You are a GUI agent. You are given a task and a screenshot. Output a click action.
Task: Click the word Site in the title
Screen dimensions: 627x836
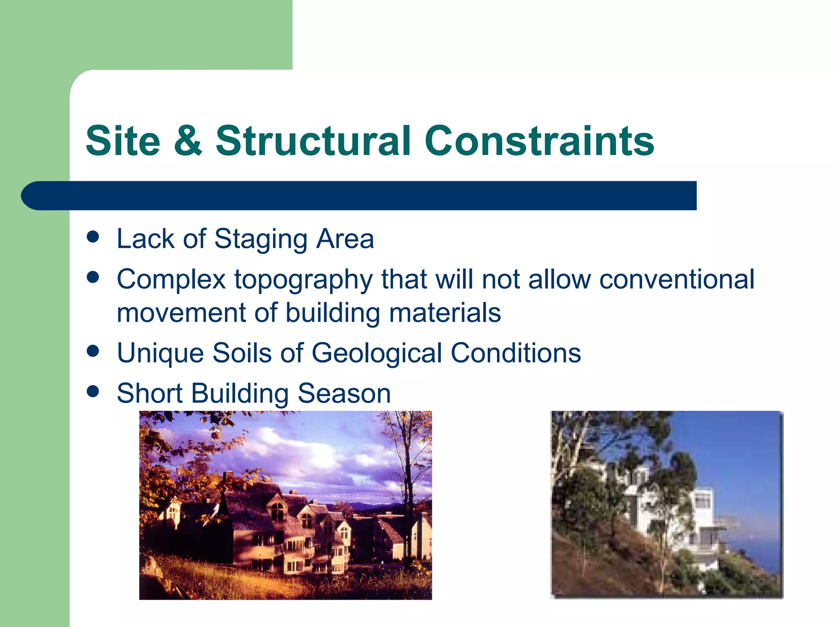[123, 141]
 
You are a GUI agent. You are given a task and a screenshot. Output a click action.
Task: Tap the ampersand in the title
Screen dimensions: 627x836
[188, 141]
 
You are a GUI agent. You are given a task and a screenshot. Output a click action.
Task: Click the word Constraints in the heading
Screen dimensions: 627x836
[539, 141]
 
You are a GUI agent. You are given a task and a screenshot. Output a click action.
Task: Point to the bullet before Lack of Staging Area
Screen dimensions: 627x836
[93, 237]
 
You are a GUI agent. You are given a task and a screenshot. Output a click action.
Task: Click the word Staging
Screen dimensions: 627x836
[260, 239]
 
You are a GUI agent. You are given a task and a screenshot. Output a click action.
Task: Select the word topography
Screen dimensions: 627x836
[303, 280]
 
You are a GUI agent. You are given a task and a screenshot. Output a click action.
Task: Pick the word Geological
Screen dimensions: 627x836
[376, 353]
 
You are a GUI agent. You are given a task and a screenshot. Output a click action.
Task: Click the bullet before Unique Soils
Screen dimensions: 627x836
[93, 351]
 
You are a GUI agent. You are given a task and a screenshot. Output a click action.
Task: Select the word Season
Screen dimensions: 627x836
[344, 394]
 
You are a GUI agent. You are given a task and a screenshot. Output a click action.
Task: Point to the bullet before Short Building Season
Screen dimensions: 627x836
[93, 391]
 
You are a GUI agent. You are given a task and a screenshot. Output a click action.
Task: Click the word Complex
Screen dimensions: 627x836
[171, 280]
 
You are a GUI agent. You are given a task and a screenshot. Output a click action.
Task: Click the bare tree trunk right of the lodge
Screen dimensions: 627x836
[408, 510]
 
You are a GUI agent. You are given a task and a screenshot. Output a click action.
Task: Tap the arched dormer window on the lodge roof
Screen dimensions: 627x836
[278, 510]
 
